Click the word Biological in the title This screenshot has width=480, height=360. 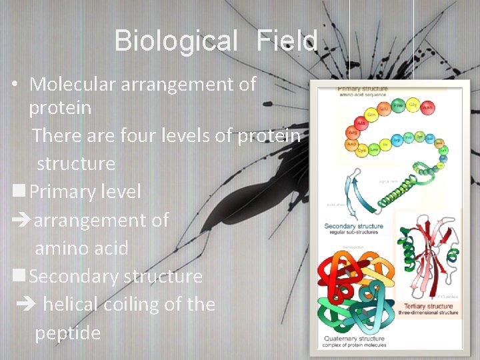(175, 41)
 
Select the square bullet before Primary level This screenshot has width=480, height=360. (19, 191)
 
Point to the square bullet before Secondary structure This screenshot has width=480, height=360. (19, 275)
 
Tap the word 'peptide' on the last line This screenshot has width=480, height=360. (67, 333)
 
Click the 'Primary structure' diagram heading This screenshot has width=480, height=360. (362, 89)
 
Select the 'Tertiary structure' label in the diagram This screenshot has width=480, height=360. (417, 306)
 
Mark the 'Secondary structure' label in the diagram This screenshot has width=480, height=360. (353, 226)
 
